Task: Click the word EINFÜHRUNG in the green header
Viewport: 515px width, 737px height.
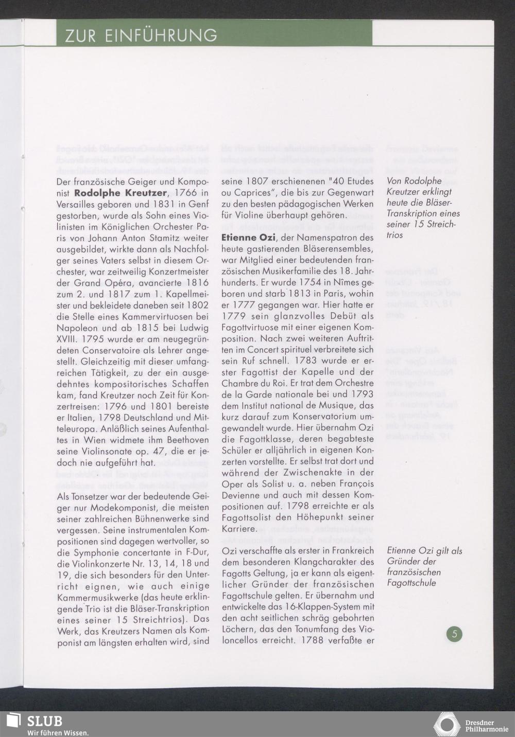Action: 160,35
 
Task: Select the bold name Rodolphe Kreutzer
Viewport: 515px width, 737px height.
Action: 120,193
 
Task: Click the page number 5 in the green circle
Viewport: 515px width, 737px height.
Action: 454,634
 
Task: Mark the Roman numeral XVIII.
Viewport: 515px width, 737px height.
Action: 66,339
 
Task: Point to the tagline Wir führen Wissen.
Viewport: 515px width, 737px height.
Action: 58,732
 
